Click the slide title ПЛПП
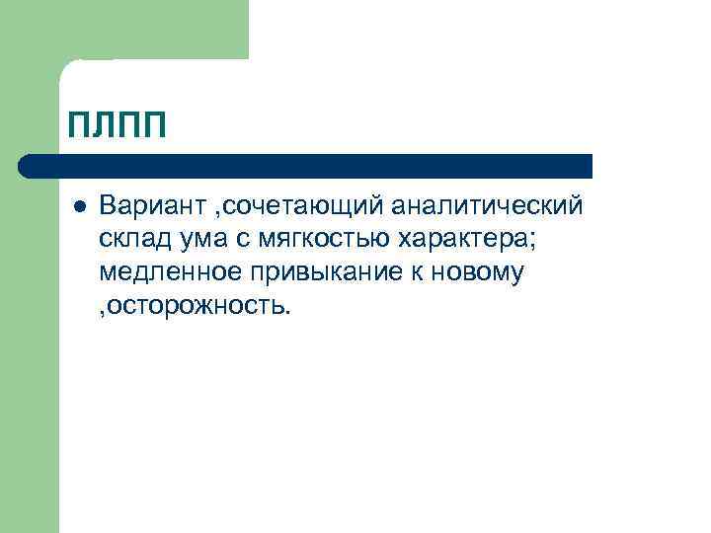(x=117, y=126)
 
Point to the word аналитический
(x=487, y=208)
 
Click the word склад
(x=134, y=240)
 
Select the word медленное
(x=164, y=271)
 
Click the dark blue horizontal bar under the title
(x=316, y=166)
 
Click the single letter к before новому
(x=414, y=271)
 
